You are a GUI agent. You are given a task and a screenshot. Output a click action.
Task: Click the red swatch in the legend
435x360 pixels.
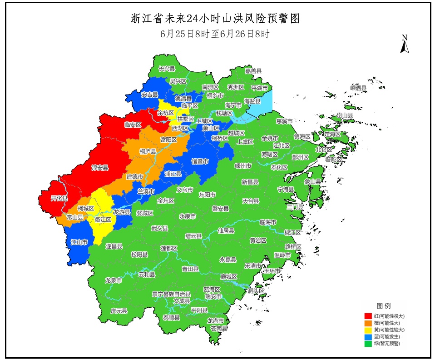pos(369,315)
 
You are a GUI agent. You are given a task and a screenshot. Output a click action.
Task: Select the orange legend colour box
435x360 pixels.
pos(369,322)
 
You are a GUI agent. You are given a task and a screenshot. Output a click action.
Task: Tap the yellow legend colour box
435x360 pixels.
pos(369,330)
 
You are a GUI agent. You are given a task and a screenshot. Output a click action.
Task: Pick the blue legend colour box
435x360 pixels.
pos(369,337)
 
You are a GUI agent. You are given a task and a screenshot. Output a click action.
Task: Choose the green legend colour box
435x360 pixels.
pos(369,344)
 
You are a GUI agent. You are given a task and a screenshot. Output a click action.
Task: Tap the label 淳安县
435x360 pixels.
pos(100,168)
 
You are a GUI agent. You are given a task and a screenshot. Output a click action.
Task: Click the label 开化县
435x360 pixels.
pos(59,199)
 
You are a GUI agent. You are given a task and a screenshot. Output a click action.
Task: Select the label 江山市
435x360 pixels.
pos(79,242)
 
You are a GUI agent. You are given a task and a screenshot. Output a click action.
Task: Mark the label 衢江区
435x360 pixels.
pos(103,219)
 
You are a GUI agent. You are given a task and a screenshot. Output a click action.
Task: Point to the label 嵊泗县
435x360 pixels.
pos(358,88)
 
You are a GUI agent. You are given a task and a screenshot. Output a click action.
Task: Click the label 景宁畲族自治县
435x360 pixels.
pos(171,294)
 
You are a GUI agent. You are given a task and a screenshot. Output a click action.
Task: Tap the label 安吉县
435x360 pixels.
pos(149,95)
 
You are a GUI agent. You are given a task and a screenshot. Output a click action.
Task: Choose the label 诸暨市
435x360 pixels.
pos(200,161)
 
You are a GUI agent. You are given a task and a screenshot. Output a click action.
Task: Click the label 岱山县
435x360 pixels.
pos(345,116)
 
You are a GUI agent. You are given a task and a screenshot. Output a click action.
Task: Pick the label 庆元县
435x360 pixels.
pos(119,311)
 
